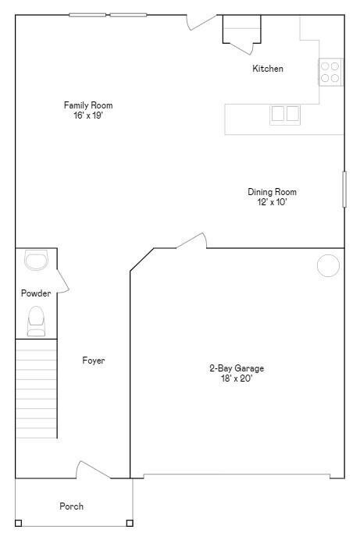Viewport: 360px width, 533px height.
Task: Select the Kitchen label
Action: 267,69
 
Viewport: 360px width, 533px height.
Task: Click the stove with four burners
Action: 330,72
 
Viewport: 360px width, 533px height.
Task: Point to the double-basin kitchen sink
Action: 285,114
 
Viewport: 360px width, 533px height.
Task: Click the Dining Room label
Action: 272,192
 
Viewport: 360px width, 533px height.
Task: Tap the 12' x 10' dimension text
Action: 272,202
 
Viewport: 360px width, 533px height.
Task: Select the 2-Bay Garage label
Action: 236,368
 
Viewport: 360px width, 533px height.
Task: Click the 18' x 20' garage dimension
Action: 236,378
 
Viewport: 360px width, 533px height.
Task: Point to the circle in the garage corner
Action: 328,265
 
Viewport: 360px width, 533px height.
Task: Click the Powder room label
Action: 36,293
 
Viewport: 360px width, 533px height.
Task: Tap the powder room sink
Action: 36,260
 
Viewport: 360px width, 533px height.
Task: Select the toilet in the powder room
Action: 36,320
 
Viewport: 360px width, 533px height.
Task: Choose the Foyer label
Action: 94,361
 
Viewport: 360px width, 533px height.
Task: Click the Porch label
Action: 71,506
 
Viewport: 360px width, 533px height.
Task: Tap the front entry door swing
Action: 87,471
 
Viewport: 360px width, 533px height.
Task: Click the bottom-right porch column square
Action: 130,523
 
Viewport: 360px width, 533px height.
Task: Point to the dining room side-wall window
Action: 344,189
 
